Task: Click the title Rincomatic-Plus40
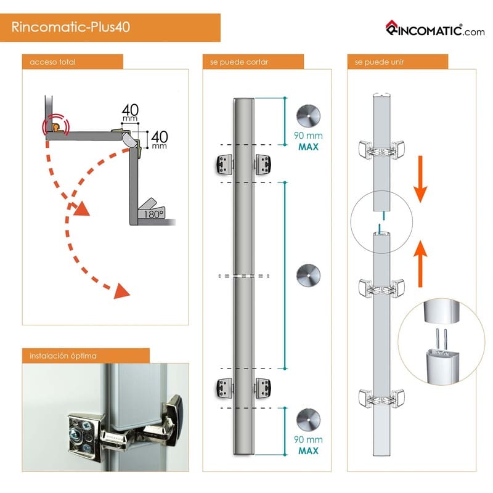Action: point(71,27)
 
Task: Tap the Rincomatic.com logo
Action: point(435,29)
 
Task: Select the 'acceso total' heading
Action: point(52,62)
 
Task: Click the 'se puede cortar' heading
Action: point(239,62)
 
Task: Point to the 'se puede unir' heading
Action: point(379,62)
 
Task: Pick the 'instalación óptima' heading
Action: point(63,356)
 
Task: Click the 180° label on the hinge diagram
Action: point(153,214)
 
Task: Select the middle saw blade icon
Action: point(308,275)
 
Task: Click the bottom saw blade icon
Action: point(308,420)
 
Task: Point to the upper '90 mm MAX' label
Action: point(308,141)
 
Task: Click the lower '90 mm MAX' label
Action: point(308,445)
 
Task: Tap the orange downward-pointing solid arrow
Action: point(420,179)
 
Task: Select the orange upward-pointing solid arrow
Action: point(420,264)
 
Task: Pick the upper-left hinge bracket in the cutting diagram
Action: point(224,164)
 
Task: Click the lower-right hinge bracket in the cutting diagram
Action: point(263,388)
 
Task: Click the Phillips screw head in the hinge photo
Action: point(76,435)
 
